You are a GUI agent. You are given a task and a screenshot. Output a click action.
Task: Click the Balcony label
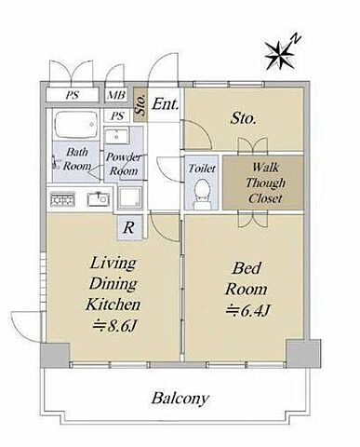[180, 399]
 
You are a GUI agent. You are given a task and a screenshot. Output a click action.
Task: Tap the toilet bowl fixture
[203, 193]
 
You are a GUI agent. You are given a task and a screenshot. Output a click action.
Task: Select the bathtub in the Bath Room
[76, 125]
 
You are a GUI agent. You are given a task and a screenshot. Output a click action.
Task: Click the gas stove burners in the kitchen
[62, 199]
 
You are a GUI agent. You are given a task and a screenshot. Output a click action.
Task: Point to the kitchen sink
[99, 199]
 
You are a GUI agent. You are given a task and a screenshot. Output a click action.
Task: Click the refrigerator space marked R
[129, 227]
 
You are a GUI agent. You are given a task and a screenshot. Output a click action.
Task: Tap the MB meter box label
[115, 95]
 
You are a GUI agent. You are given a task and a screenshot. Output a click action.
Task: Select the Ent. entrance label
[166, 104]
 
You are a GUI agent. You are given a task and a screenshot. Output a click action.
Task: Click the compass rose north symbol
[279, 55]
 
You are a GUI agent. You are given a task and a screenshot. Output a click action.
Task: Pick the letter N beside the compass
[296, 39]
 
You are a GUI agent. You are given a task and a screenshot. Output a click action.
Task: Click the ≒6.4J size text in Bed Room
[248, 310]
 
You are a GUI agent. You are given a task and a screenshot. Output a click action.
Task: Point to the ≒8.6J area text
[113, 326]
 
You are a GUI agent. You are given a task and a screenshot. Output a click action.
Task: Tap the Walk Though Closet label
[265, 183]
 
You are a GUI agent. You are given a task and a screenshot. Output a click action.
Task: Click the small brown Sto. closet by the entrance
[140, 104]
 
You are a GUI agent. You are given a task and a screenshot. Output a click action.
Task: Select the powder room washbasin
[116, 136]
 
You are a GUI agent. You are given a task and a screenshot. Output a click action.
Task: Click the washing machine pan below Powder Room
[130, 197]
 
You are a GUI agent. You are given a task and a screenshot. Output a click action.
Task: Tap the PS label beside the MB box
[117, 116]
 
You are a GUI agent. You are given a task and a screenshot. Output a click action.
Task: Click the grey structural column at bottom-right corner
[303, 354]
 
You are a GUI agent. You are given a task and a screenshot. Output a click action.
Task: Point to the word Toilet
[202, 169]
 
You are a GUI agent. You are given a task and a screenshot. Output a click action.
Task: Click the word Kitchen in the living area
[113, 305]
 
